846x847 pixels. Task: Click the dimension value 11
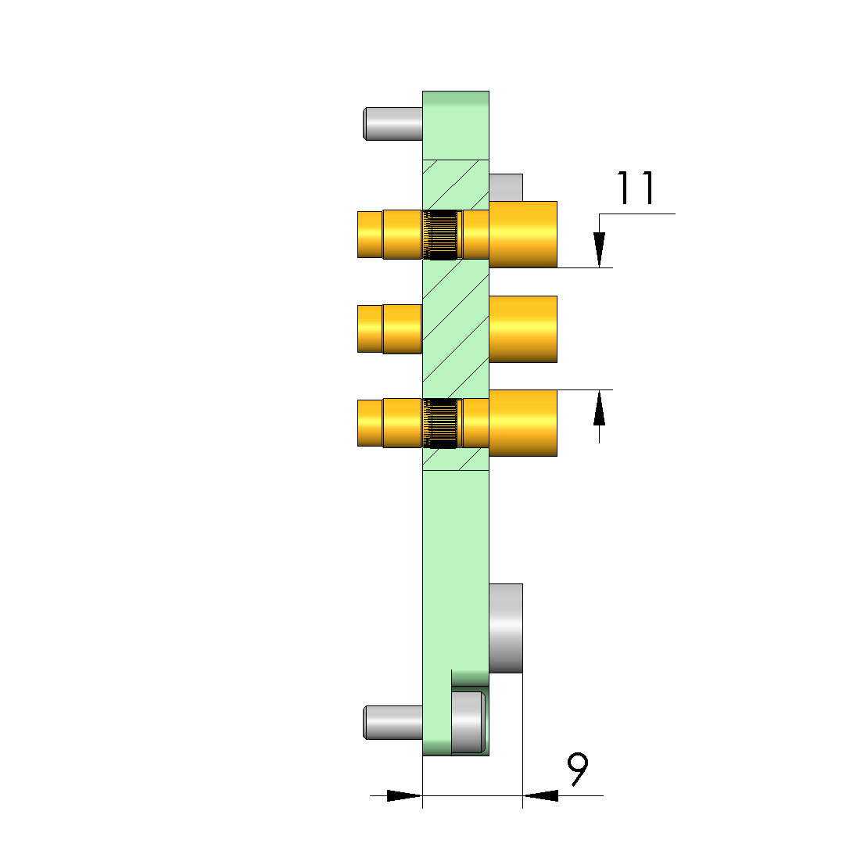[x=636, y=188]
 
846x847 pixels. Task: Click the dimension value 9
[x=578, y=770]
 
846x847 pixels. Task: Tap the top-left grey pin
[x=393, y=124]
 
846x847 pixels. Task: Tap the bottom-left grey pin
[x=393, y=722]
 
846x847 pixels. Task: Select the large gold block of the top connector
[x=522, y=235]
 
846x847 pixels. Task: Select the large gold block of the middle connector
[x=522, y=329]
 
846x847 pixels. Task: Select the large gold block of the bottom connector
[x=522, y=423]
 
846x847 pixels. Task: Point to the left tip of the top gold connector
[x=358, y=235]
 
